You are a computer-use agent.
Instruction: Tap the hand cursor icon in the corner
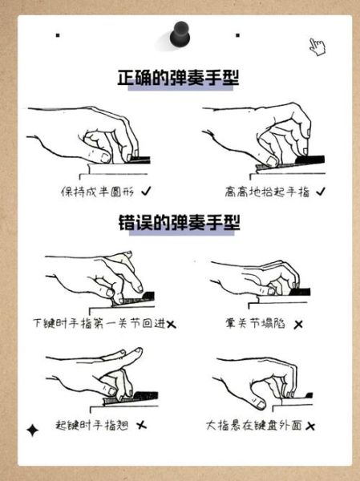318,46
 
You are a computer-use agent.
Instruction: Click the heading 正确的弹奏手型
180,79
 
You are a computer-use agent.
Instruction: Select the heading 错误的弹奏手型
179,223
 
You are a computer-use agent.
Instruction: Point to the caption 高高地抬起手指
268,192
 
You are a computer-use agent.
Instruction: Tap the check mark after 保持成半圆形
146,192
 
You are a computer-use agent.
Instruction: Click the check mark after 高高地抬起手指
321,192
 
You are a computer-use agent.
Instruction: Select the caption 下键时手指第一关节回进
99,324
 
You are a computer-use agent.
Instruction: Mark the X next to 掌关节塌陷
298,325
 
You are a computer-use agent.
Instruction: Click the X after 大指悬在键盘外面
309,425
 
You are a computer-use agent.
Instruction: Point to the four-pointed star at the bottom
33,431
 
